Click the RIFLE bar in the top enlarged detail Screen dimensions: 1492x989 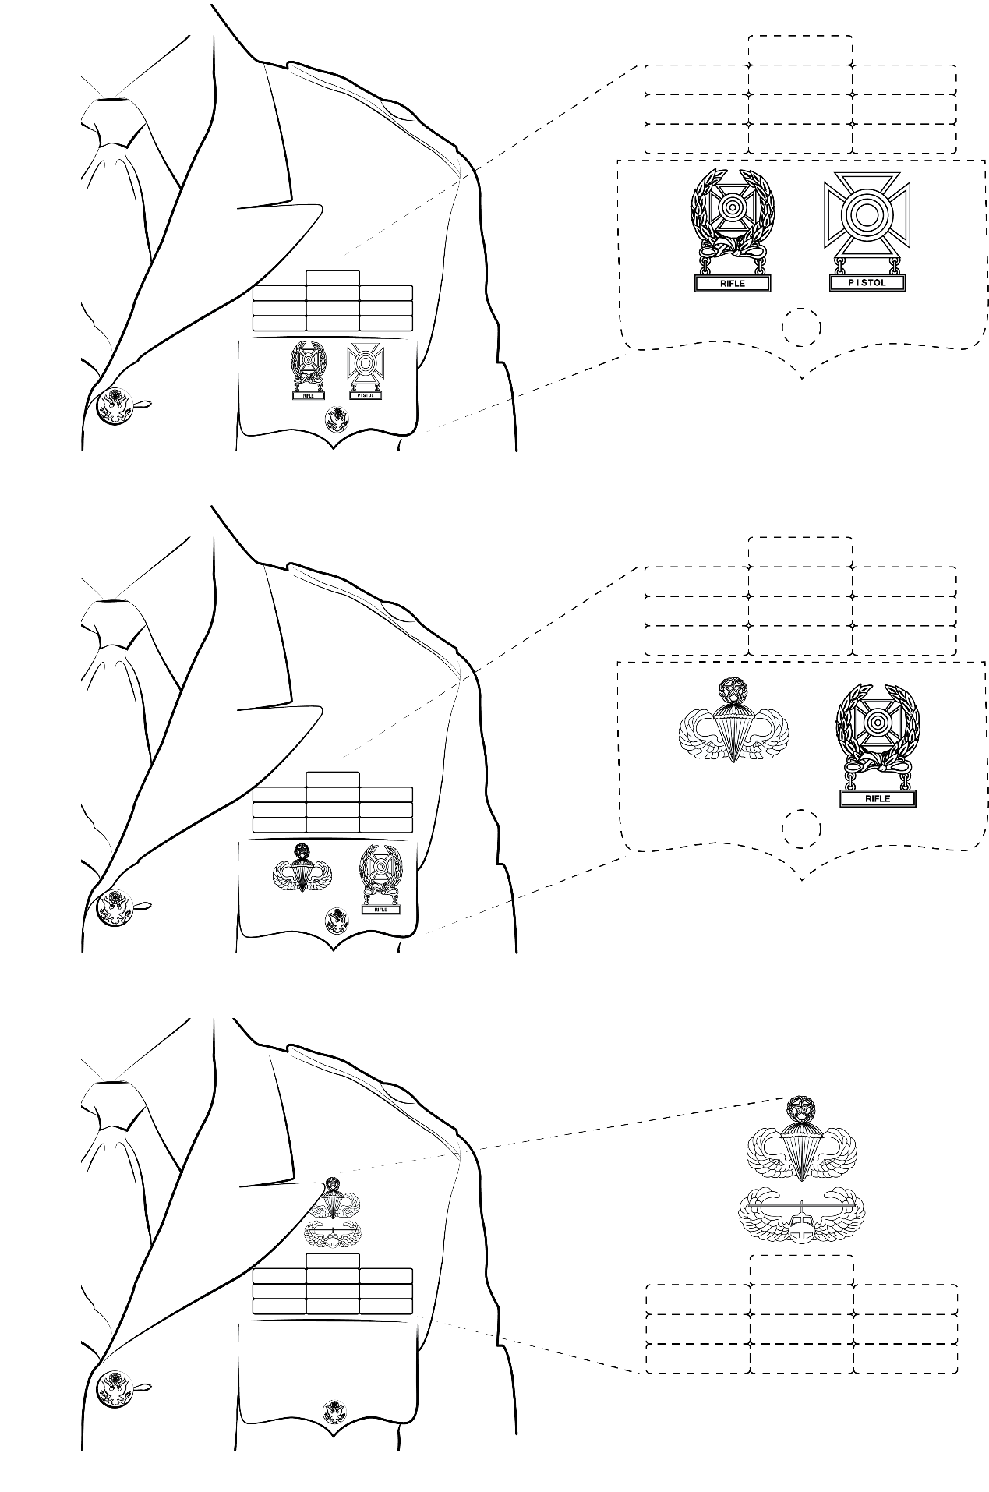[733, 284]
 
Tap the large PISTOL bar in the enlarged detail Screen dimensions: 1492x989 [867, 283]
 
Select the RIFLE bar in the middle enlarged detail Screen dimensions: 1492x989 [877, 799]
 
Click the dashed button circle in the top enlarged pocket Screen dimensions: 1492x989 [801, 327]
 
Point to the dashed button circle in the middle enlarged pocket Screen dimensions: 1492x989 [801, 829]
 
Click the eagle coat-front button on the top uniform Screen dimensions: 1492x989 [114, 406]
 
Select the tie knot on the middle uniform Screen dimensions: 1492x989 [114, 624]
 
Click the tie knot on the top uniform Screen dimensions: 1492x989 [114, 122]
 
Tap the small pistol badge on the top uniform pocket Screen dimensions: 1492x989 [363, 370]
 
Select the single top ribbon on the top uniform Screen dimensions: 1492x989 [333, 278]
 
